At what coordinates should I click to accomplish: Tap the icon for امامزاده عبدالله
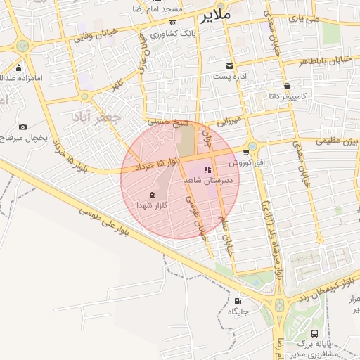coord(18,69)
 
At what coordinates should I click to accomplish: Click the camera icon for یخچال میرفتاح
coord(23,127)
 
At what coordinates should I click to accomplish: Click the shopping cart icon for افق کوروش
coord(245,152)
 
